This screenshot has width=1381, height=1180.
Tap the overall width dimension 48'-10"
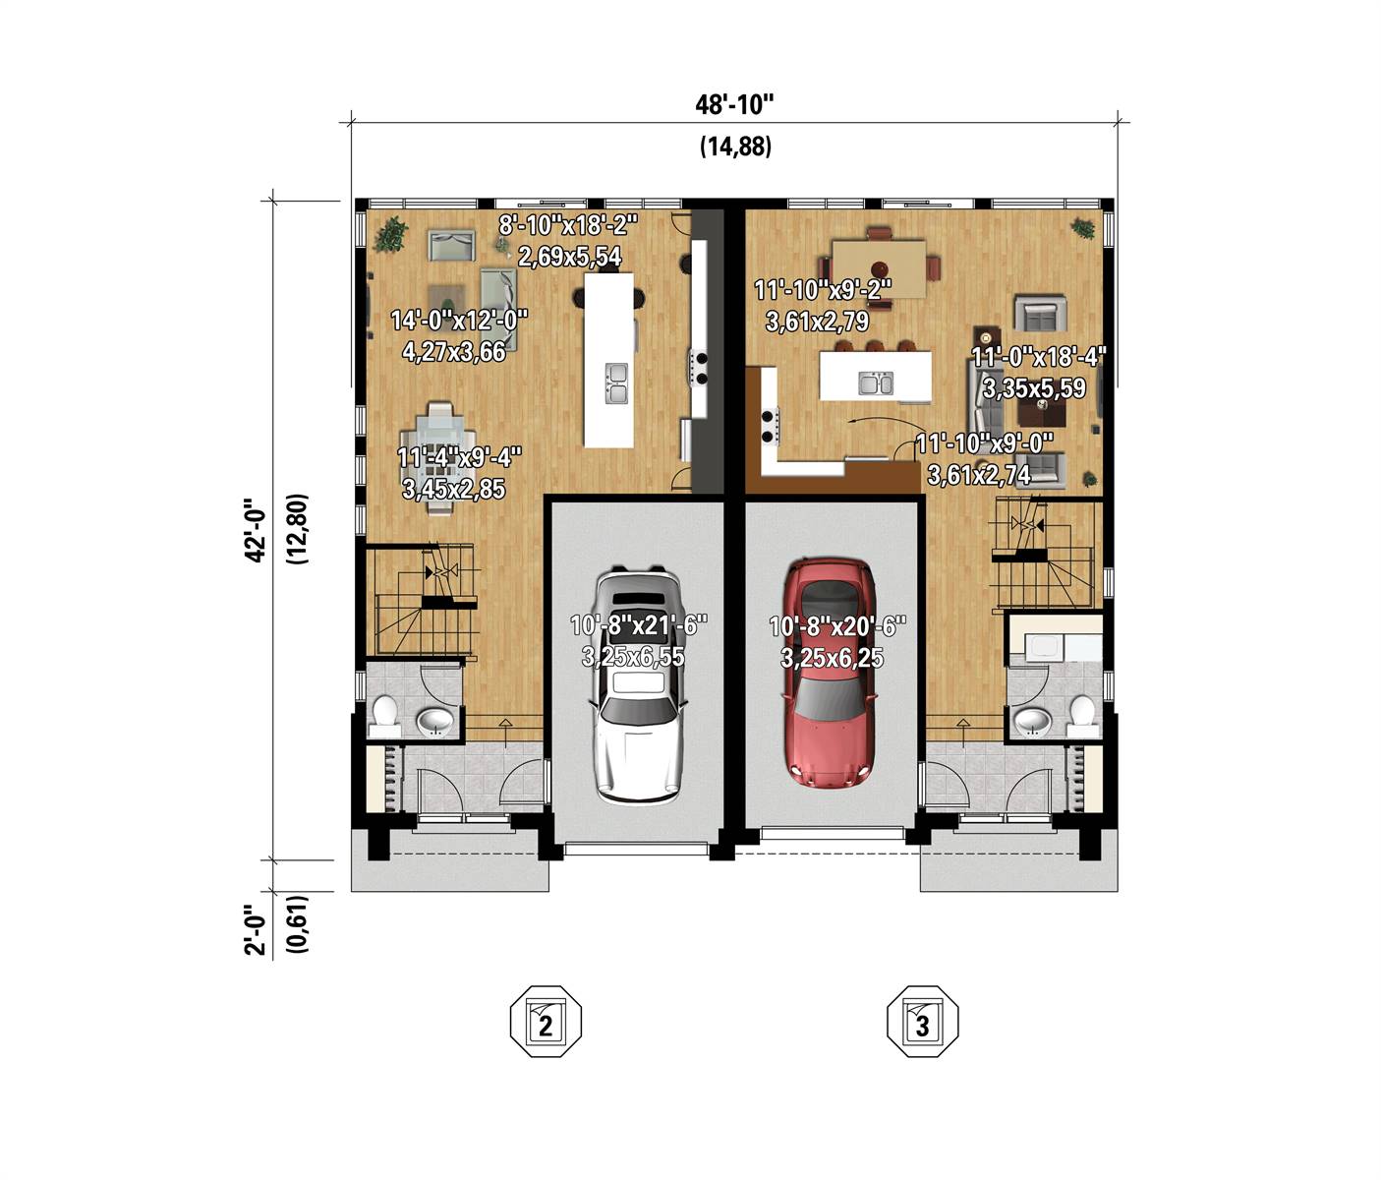point(735,104)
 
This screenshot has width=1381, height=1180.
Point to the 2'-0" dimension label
point(255,929)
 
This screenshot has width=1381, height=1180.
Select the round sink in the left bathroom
point(434,723)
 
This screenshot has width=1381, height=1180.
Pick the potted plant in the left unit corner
point(391,233)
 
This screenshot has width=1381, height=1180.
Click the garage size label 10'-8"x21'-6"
point(639,625)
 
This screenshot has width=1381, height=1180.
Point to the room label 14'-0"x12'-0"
point(459,321)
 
